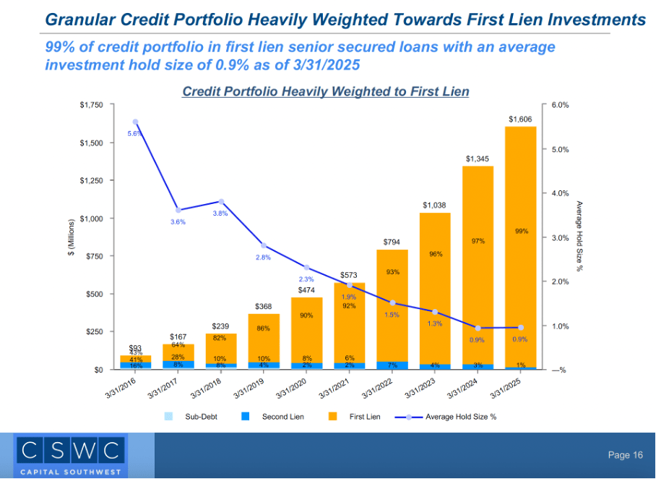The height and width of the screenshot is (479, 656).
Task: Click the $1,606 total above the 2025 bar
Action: pyautogui.click(x=520, y=119)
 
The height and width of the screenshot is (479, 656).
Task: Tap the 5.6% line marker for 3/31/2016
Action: pyautogui.click(x=135, y=122)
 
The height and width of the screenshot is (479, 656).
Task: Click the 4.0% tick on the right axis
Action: pyautogui.click(x=560, y=193)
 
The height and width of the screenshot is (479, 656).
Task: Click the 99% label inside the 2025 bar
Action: pyautogui.click(x=522, y=232)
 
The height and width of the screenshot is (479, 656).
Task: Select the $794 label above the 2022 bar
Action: pyautogui.click(x=392, y=242)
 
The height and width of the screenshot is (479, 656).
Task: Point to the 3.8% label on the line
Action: pyautogui.click(x=221, y=213)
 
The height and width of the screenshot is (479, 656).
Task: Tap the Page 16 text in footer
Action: pyautogui.click(x=625, y=455)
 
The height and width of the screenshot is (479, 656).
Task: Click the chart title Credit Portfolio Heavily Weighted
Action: pyautogui.click(x=325, y=92)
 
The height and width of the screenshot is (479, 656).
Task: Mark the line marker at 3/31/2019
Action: pyautogui.click(x=264, y=246)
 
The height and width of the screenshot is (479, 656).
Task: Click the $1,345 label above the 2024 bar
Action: pyautogui.click(x=478, y=158)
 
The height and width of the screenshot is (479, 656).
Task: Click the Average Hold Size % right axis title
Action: pyautogui.click(x=579, y=237)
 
